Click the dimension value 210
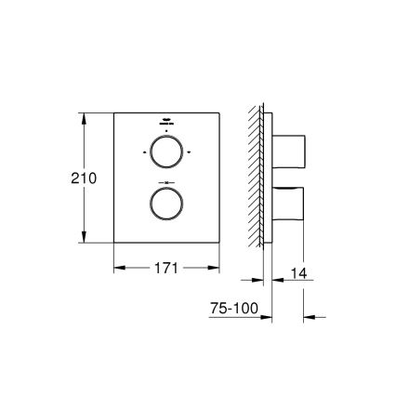point(84,178)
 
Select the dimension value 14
point(297,273)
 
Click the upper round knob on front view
point(167,152)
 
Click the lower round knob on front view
point(167,203)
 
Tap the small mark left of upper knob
point(145,152)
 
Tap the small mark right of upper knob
point(190,152)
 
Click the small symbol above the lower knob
point(167,181)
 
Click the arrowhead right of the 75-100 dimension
point(312,316)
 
